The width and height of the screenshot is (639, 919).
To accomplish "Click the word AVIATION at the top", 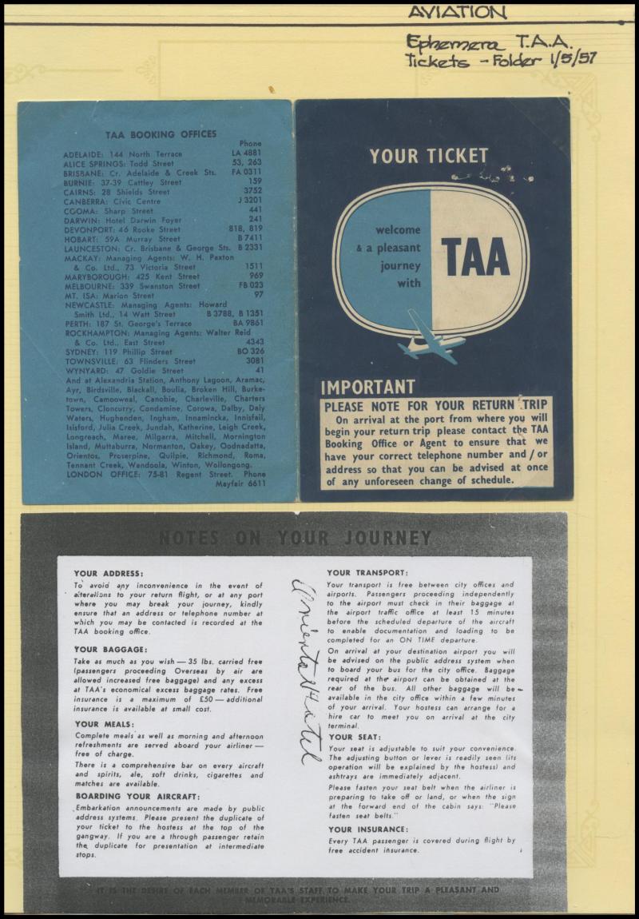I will [x=457, y=12].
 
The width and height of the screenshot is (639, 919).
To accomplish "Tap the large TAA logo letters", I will [x=475, y=257].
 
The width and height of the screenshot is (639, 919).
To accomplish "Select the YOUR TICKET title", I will [x=428, y=156].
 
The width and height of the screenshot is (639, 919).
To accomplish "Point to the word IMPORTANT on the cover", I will [x=367, y=388].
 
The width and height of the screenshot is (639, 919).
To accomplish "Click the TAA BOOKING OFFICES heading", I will [x=161, y=134].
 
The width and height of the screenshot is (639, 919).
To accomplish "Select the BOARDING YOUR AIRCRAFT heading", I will [x=137, y=796].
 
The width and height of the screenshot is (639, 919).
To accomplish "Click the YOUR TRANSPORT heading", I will [x=367, y=572].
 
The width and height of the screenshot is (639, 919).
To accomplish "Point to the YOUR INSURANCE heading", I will [x=367, y=829].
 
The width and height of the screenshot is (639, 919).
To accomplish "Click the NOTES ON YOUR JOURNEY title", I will [x=295, y=538].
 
